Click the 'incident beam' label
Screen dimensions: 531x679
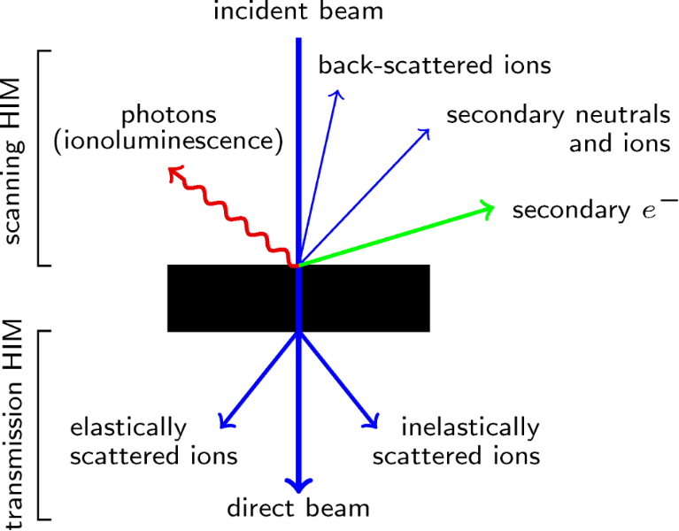[x=298, y=13]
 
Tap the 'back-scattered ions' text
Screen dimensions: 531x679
[x=435, y=65]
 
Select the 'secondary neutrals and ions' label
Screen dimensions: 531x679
[x=558, y=129]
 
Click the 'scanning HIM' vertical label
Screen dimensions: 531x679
[x=15, y=158]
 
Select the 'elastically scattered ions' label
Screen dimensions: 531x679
[x=154, y=442]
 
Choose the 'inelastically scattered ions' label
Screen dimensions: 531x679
[x=457, y=442]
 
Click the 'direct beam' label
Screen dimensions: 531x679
[x=298, y=508]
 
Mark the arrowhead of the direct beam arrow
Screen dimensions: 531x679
[x=298, y=484]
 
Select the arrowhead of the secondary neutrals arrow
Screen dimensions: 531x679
[x=425, y=133]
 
